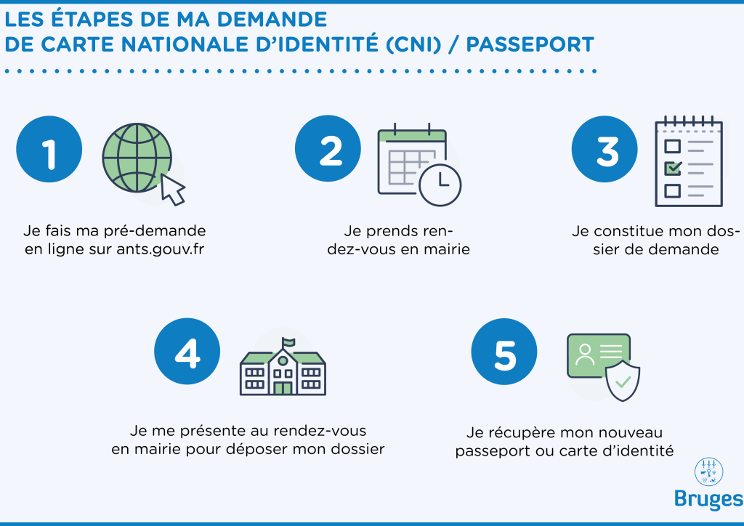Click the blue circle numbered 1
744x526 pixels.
pos(49,152)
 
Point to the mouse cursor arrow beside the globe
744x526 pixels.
pos(173,189)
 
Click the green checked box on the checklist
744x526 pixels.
pos(673,168)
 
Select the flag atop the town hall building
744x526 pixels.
pos(289,341)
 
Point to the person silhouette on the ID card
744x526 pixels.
pos(584,354)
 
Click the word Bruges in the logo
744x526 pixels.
pos(708,499)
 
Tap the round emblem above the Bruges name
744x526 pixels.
pos(708,471)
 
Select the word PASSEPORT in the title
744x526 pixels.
pos(530,44)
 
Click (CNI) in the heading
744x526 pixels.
pos(411,44)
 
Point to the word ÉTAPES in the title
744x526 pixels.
pos(94,17)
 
